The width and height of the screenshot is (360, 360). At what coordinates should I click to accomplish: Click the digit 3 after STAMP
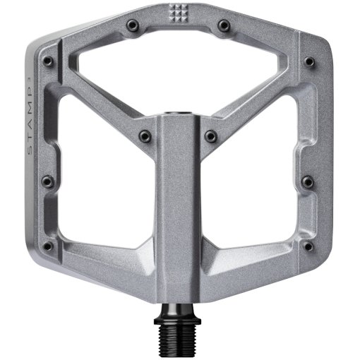click(27, 75)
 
